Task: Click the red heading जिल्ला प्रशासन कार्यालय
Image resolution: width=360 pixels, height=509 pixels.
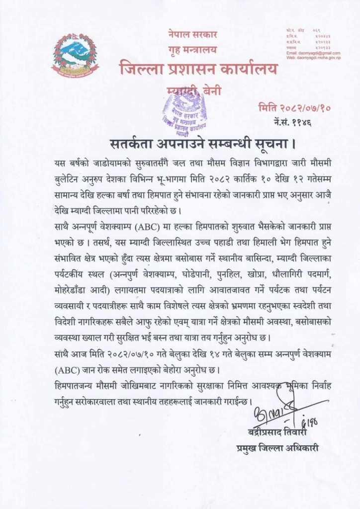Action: tap(198, 69)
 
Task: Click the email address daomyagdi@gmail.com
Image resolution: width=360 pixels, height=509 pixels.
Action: tap(313, 53)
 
